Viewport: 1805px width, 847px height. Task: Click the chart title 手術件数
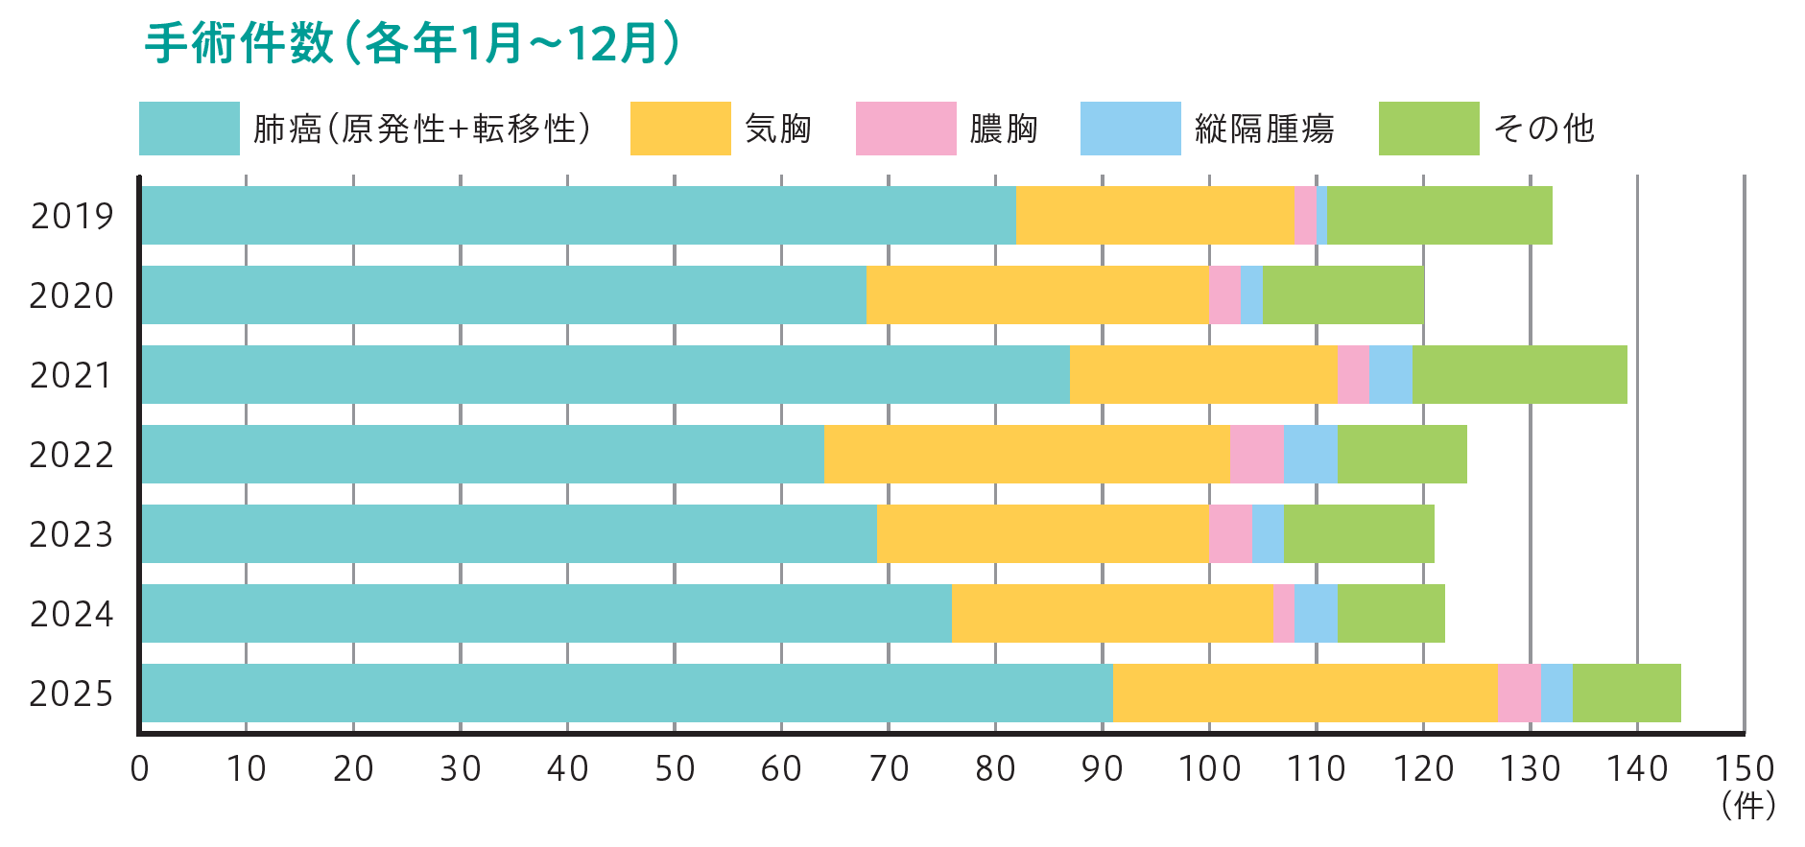pyautogui.click(x=239, y=44)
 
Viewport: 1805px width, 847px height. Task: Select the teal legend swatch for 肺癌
pyautogui.click(x=189, y=129)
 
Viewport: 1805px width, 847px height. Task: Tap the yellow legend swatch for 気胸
pyautogui.click(x=680, y=129)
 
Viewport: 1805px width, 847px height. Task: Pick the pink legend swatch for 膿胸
pyautogui.click(x=906, y=129)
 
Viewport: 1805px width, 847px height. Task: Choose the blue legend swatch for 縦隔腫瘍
pyautogui.click(x=1130, y=129)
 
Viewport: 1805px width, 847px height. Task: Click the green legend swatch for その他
pyautogui.click(x=1429, y=129)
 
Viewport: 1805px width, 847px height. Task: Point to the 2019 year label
pyautogui.click(x=72, y=216)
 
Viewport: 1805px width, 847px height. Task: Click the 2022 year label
pyautogui.click(x=72, y=455)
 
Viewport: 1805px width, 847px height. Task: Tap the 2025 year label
pyautogui.click(x=72, y=694)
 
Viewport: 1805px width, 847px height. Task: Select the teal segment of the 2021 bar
pyautogui.click(x=606, y=375)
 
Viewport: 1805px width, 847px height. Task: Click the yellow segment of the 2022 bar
pyautogui.click(x=1027, y=455)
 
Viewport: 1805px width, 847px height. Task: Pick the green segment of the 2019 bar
pyautogui.click(x=1439, y=216)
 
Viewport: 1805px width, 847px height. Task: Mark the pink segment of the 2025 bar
pyautogui.click(x=1519, y=694)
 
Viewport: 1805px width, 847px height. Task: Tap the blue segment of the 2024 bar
pyautogui.click(x=1316, y=614)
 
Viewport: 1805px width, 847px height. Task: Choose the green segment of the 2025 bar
pyautogui.click(x=1627, y=694)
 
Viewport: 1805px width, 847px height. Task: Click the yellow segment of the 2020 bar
pyautogui.click(x=1037, y=295)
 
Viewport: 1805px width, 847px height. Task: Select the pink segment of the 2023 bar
pyautogui.click(x=1230, y=534)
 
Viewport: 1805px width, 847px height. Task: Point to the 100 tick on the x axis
pyautogui.click(x=1209, y=769)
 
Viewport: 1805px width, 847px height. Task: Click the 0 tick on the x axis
pyautogui.click(x=140, y=769)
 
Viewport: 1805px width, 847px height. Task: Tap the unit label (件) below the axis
pyautogui.click(x=1748, y=806)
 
